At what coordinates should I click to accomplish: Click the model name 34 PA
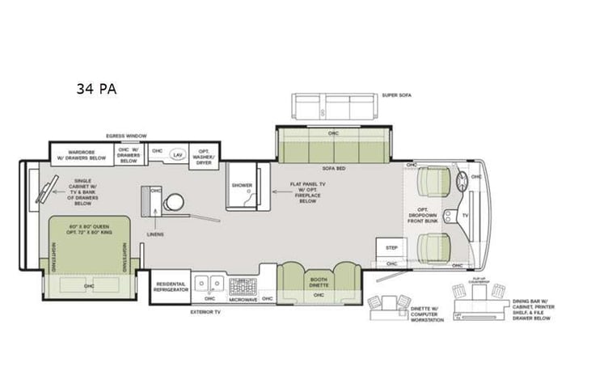pos(96,89)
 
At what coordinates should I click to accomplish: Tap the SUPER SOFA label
pos(398,95)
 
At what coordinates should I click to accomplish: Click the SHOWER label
pos(242,185)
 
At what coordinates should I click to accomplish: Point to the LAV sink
pos(179,153)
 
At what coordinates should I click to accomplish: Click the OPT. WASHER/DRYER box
pos(204,156)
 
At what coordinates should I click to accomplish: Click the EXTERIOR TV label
pos(205,311)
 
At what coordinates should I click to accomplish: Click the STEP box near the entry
pos(391,247)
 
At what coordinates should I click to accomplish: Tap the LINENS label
pos(155,234)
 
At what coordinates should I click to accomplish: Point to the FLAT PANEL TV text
pos(306,191)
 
